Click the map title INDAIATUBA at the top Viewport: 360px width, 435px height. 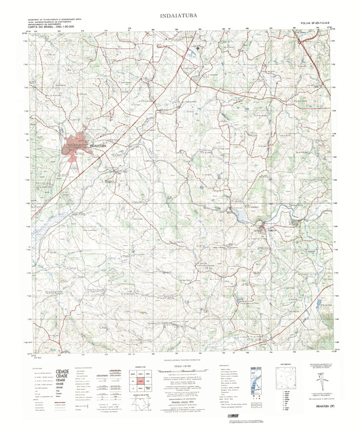click(x=178, y=16)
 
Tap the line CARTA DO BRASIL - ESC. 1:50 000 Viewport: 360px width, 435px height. click(x=51, y=27)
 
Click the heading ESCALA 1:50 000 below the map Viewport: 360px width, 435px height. click(x=183, y=366)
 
